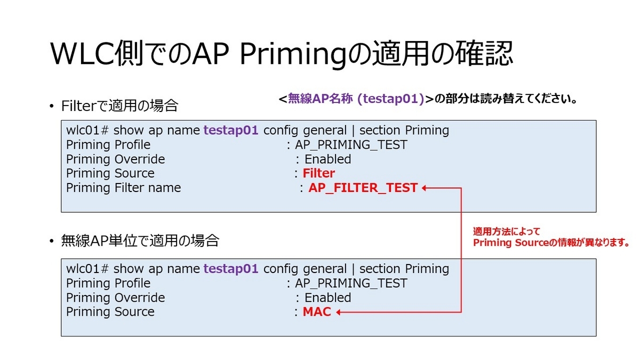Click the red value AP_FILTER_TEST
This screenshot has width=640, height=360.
[x=363, y=188]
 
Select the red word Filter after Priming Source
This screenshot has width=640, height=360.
[x=318, y=173]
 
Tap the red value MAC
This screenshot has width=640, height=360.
[x=317, y=312]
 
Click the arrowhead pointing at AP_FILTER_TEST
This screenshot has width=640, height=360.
[x=425, y=188]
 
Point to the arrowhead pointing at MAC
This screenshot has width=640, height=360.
[x=339, y=312]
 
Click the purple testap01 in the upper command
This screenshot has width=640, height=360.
[x=231, y=131]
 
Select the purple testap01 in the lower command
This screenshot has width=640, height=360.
[x=231, y=269]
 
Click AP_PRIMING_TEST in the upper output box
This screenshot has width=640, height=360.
[x=351, y=145]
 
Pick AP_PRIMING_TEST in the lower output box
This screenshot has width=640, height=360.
[x=351, y=283]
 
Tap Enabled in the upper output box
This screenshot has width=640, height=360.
[x=327, y=159]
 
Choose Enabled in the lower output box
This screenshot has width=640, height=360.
[x=327, y=298]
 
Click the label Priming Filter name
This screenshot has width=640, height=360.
[x=123, y=188]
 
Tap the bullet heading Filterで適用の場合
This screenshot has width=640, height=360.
[x=119, y=106]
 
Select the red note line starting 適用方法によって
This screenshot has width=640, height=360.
[x=507, y=232]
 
